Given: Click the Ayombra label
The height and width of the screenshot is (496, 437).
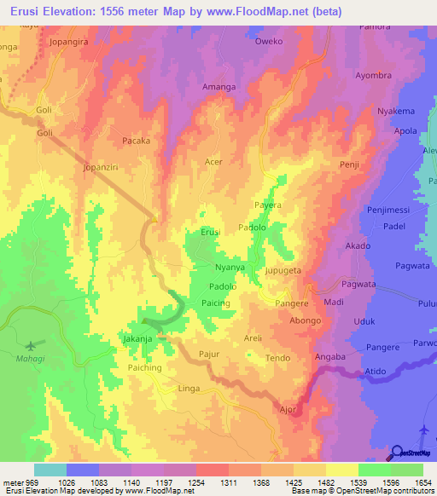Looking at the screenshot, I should pos(373,75).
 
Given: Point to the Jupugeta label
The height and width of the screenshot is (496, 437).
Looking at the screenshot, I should pos(283,269).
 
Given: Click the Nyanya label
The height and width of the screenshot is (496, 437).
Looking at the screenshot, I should pos(230,268).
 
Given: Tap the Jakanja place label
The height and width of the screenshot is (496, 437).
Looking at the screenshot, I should pos(138,338).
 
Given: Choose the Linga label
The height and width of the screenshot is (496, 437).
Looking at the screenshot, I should pos(189,389).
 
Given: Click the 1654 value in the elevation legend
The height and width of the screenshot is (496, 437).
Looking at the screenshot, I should pos(422,483).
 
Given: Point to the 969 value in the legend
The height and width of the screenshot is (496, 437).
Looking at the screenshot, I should pos(33,483).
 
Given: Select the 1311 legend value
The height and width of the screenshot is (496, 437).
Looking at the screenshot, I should pos(228,483).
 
